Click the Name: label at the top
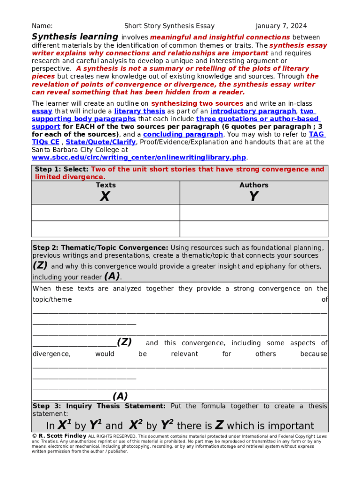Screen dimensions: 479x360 (42, 26)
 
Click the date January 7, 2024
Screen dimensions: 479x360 (281, 26)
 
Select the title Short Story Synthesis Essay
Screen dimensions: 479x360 (169, 26)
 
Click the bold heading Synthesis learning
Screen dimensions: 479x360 (75, 36)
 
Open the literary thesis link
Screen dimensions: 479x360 (139, 111)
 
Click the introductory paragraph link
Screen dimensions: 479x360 (253, 111)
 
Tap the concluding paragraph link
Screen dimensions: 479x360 (183, 134)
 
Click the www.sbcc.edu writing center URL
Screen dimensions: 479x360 (139, 157)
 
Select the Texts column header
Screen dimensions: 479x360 (106, 185)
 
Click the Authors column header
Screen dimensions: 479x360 (254, 185)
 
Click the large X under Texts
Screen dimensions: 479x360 (105, 197)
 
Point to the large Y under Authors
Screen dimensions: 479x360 (254, 197)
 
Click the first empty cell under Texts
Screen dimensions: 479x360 (106, 212)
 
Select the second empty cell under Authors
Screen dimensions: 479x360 (254, 229)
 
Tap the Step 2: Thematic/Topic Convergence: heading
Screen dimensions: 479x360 (100, 247)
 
